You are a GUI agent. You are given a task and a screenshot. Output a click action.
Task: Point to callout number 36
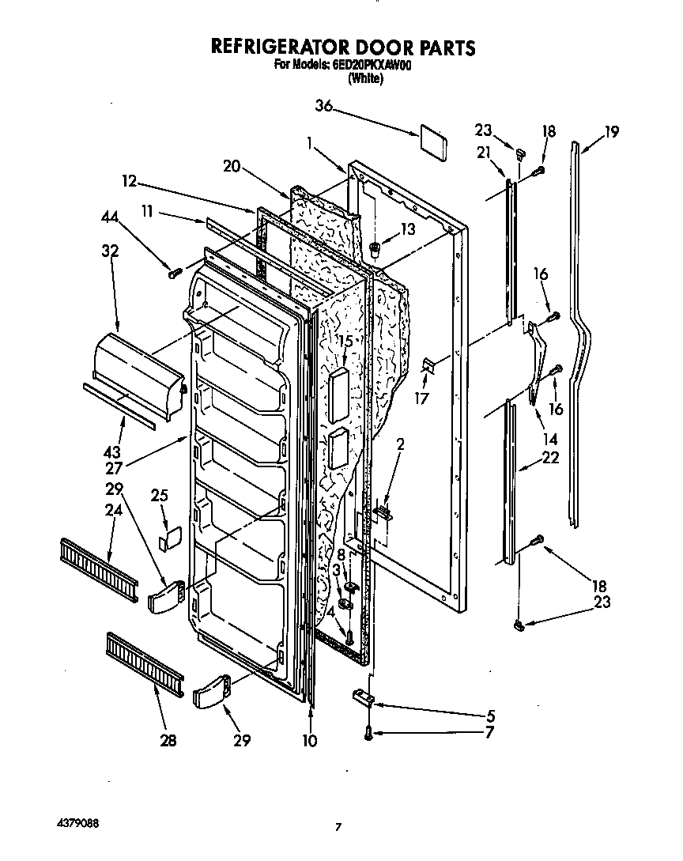coord(324,106)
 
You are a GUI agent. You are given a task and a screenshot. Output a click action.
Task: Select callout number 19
coord(611,132)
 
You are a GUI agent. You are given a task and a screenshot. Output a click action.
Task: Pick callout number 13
coord(407,229)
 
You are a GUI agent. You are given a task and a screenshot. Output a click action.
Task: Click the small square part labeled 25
coord(167,541)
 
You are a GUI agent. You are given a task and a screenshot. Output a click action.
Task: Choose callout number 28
coord(168,741)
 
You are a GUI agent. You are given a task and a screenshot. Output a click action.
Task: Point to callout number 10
coord(310,741)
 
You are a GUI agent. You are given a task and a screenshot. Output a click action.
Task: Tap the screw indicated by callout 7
coord(368,733)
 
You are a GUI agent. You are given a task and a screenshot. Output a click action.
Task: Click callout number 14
coord(548,439)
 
